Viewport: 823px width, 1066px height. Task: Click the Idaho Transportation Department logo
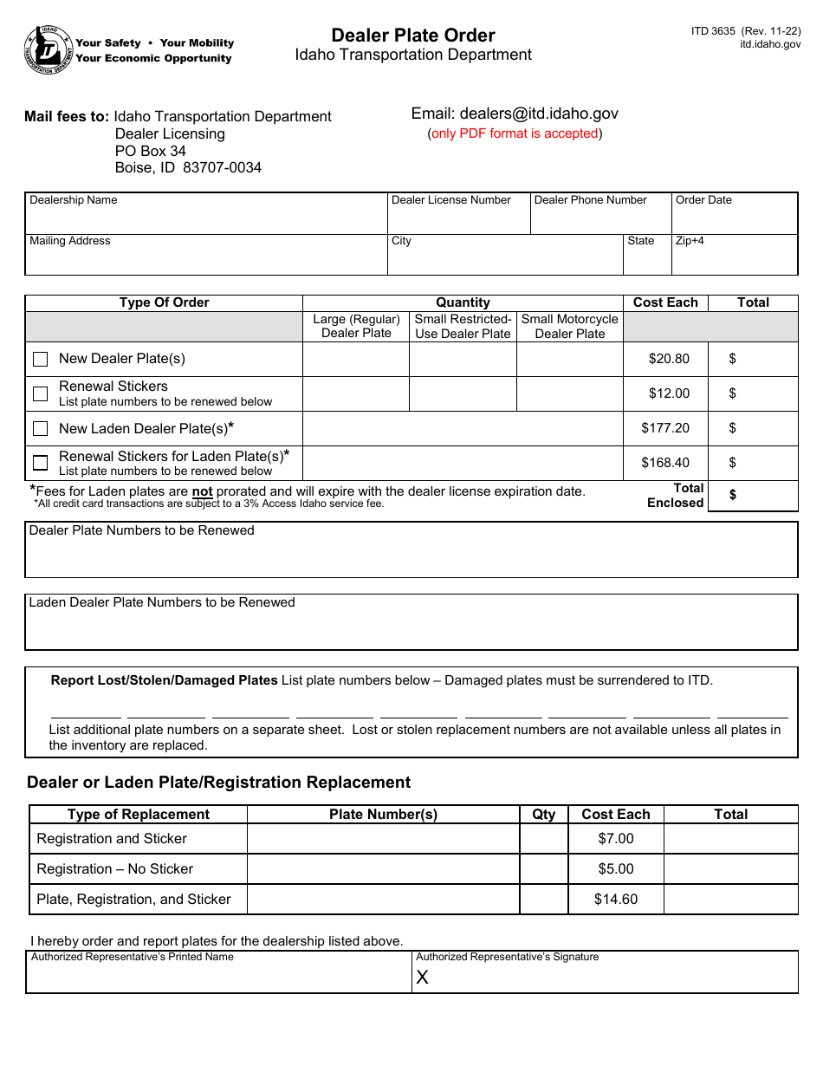click(49, 49)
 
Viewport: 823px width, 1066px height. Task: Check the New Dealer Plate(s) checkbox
click(40, 359)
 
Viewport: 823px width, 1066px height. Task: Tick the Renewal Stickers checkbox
click(40, 393)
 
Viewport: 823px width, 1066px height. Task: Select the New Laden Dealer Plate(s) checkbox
click(40, 428)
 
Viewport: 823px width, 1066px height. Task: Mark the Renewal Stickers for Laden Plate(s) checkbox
click(40, 463)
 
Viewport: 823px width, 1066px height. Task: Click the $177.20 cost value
click(665, 428)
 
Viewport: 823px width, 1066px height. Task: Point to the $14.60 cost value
click(616, 900)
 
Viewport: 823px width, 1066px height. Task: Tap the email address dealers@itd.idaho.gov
click(515, 114)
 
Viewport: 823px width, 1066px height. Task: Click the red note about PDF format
click(515, 133)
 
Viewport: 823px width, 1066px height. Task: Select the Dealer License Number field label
click(451, 200)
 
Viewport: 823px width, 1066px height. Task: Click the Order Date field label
click(703, 200)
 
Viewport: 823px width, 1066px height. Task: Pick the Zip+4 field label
click(690, 241)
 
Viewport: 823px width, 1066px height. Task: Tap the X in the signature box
click(423, 978)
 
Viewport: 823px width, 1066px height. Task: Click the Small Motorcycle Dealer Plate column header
click(570, 326)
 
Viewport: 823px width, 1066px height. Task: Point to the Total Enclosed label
click(676, 496)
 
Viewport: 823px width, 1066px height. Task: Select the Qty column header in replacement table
click(544, 815)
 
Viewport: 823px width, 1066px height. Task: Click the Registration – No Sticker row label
click(115, 869)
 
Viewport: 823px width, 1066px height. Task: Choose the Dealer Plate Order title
click(413, 36)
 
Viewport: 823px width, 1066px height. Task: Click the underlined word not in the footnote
click(202, 491)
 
